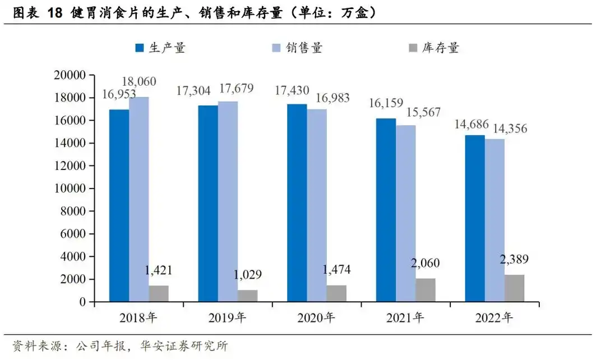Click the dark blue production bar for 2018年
(119, 205)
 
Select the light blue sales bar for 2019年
(228, 202)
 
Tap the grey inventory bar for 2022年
(514, 288)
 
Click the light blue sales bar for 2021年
(405, 213)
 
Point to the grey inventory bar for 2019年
(247, 296)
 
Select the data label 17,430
(292, 90)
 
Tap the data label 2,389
(514, 260)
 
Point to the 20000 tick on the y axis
(70, 75)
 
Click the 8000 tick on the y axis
(73, 211)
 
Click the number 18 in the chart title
(54, 14)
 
